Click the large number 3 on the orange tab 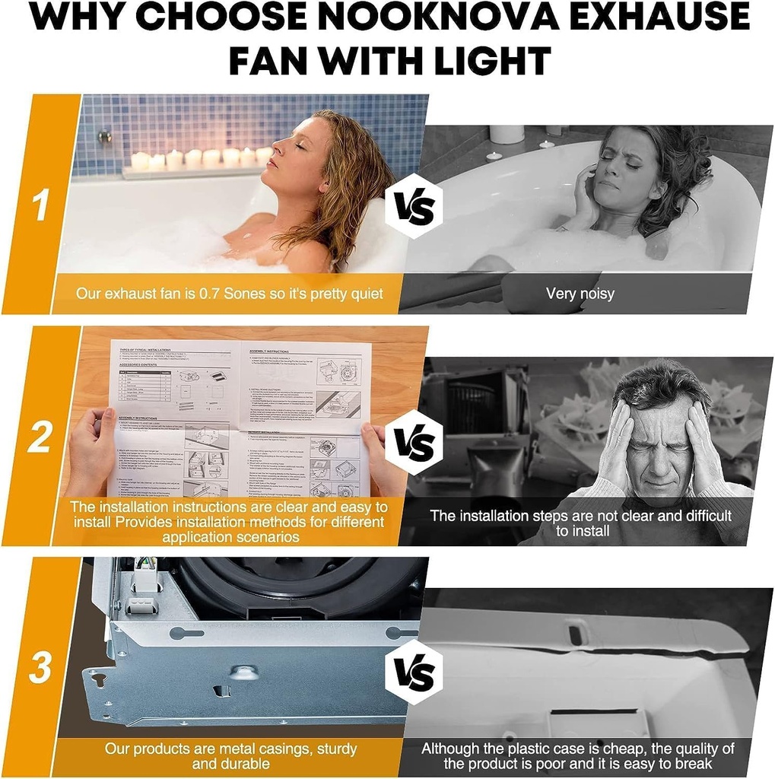pos(40,667)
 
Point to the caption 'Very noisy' pos(580,294)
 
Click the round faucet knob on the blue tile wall pos(105,137)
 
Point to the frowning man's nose pos(658,453)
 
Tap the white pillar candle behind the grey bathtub pos(507,134)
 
